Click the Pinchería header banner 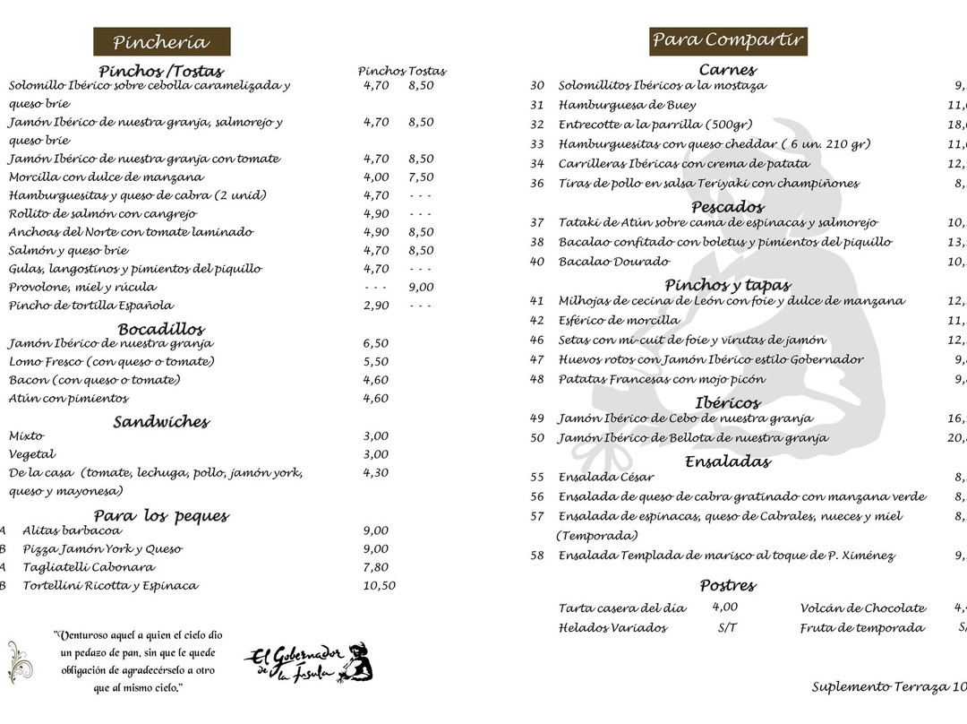161,42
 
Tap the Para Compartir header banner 728,40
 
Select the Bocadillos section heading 161,329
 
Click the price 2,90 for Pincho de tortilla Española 376,306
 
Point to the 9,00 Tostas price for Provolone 421,288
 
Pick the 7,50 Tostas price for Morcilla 421,177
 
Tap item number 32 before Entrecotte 537,125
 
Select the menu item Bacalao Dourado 613,262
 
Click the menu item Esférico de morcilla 619,320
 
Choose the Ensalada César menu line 606,478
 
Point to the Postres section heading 728,586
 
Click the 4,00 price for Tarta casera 725,608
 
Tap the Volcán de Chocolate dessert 863,608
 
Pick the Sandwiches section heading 161,422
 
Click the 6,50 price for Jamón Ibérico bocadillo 376,343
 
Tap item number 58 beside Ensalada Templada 537,556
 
